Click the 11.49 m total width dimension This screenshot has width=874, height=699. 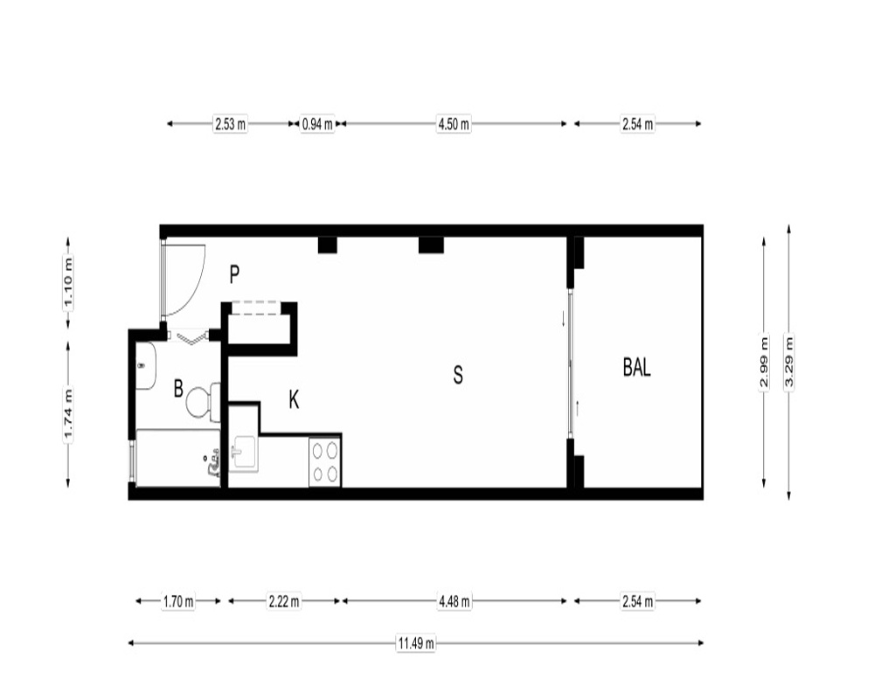[x=416, y=643]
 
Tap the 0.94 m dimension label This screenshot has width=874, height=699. [x=317, y=124]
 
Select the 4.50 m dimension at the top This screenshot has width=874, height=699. [x=454, y=124]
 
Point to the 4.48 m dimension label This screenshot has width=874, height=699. [x=454, y=601]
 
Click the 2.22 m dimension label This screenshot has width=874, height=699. [x=284, y=601]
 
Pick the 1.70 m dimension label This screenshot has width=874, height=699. [x=178, y=601]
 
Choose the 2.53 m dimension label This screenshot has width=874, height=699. [x=230, y=124]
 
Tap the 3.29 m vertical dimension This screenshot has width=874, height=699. [x=788, y=362]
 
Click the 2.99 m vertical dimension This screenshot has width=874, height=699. [x=764, y=362]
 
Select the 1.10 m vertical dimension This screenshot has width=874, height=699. [x=68, y=282]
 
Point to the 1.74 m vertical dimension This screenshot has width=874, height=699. [x=68, y=415]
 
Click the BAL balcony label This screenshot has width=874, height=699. [x=636, y=368]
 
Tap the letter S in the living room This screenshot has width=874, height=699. [x=458, y=375]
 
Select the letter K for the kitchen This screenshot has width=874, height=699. [x=294, y=399]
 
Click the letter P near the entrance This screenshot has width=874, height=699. [x=234, y=274]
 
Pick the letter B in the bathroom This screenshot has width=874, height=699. [x=178, y=389]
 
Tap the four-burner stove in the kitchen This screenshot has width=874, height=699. [x=325, y=461]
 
